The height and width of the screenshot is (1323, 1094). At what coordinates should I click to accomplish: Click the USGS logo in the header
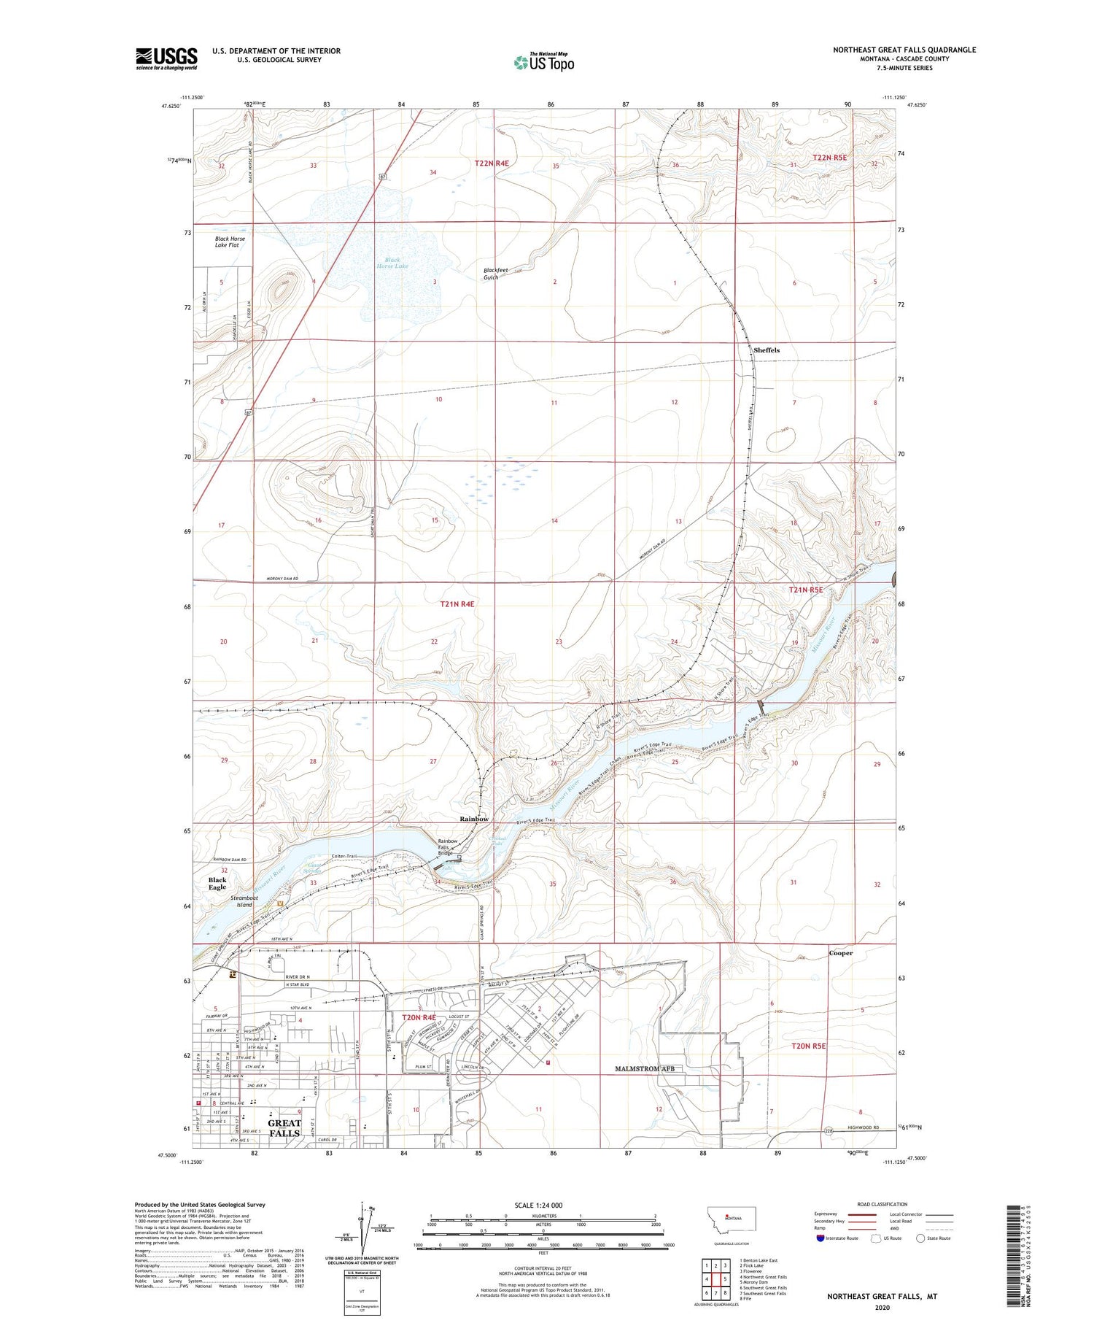tap(166, 58)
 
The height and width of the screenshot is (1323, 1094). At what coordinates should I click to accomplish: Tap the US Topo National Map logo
tap(543, 62)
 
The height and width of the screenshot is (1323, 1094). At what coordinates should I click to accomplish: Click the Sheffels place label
tap(766, 350)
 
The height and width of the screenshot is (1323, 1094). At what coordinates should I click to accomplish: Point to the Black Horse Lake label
tap(392, 263)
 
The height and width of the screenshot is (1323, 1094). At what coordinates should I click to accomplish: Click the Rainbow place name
tap(474, 819)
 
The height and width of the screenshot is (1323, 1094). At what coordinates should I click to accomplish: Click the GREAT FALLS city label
tap(284, 1128)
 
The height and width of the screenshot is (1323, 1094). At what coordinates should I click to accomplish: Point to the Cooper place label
tap(840, 953)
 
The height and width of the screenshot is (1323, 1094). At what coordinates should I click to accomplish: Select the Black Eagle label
tap(217, 883)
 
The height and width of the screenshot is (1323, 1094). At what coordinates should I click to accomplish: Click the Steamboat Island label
tap(244, 901)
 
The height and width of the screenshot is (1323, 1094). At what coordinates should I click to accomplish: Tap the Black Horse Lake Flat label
tap(230, 242)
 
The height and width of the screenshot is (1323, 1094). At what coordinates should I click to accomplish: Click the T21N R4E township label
tap(457, 604)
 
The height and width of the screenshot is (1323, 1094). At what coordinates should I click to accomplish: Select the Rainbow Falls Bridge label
tap(447, 846)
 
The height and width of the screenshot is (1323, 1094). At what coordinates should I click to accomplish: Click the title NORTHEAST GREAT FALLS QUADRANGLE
tap(904, 50)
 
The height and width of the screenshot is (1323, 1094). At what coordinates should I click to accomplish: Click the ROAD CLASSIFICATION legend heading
tap(882, 1204)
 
